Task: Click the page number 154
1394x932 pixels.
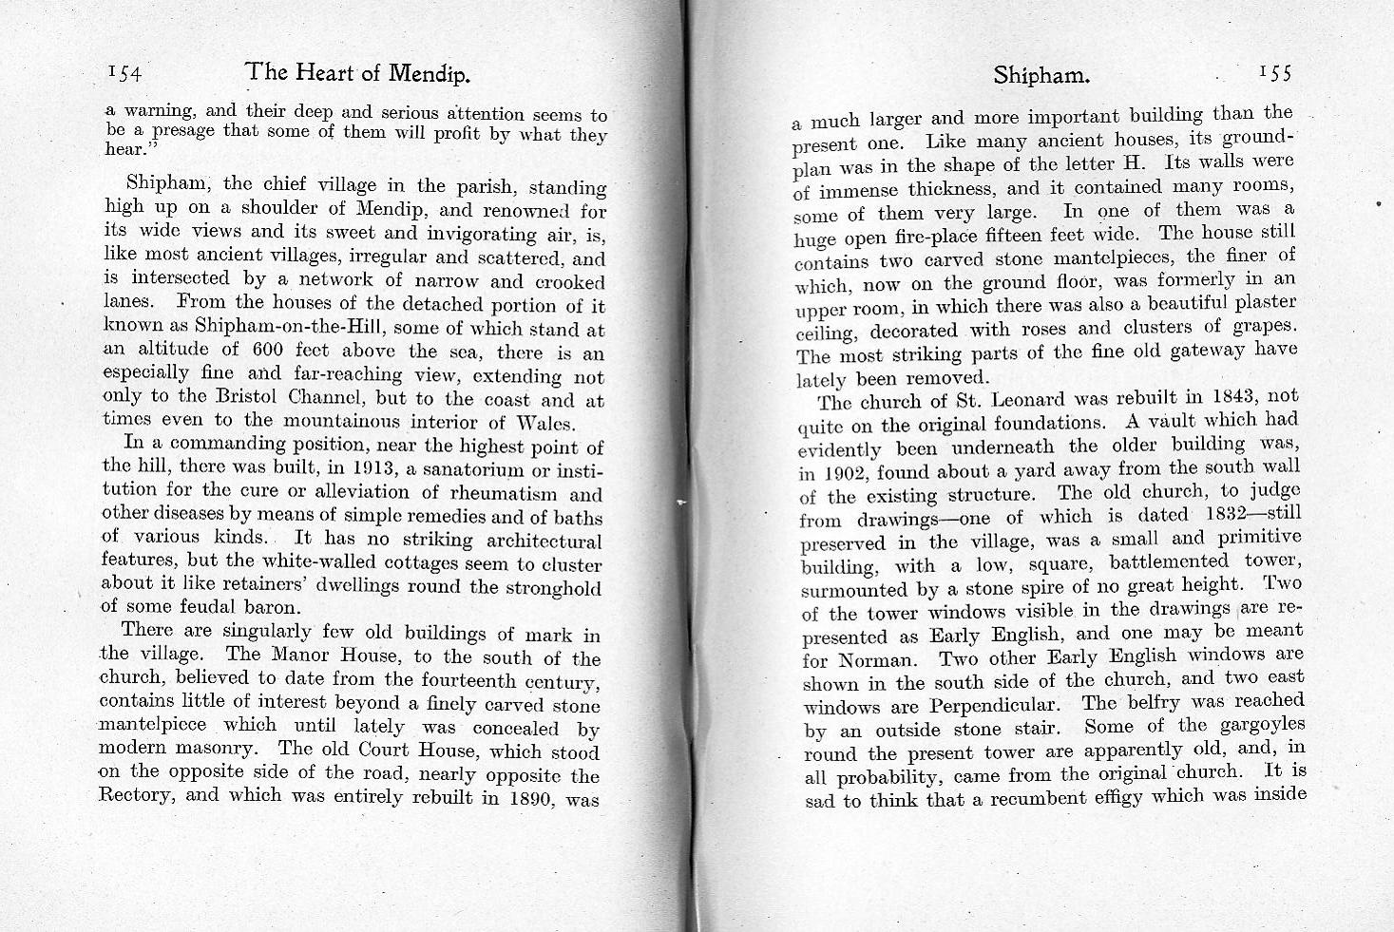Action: tap(124, 72)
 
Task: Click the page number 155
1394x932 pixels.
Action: tap(1275, 73)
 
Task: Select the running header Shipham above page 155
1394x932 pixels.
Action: tap(1041, 75)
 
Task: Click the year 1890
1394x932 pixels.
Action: tap(533, 798)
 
